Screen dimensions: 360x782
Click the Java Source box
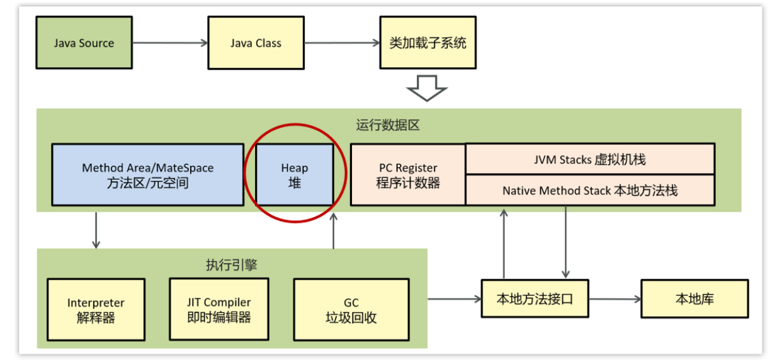[84, 43]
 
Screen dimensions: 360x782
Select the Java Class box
[256, 43]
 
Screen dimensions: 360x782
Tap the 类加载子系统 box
[428, 43]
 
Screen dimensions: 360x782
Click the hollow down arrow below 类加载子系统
[427, 87]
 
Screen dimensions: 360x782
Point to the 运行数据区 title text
[388, 125]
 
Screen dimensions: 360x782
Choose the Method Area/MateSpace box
[147, 175]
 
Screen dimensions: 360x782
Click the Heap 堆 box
[295, 175]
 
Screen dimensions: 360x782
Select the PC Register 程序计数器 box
[408, 175]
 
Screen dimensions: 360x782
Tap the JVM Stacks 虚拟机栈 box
[589, 159]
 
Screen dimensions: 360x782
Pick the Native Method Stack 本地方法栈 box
[589, 190]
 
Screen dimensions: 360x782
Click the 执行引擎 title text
[232, 265]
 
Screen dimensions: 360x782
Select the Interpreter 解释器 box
[96, 310]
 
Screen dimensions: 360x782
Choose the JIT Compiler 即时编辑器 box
[219, 309]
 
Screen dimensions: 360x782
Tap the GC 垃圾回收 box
[351, 310]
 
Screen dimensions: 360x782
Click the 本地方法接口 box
[535, 299]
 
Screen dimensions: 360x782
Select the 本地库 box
[694, 299]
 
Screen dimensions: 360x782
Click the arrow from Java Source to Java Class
[170, 43]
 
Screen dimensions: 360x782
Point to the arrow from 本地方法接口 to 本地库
[615, 299]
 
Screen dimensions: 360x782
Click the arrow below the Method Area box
[96, 230]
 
